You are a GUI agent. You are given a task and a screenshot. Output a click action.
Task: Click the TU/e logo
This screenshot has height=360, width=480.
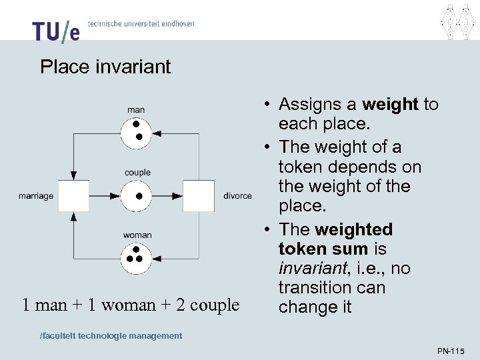click(56, 31)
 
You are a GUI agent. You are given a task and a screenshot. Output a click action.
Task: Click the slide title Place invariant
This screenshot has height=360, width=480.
click(105, 67)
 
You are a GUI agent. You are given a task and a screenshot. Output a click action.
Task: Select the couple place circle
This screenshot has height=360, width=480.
click(137, 196)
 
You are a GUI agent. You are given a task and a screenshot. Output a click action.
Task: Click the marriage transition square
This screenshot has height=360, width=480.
click(73, 196)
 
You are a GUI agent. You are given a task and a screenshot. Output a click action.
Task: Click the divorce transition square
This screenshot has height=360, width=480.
click(199, 196)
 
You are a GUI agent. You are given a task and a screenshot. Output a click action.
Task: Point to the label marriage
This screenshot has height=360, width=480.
click(36, 196)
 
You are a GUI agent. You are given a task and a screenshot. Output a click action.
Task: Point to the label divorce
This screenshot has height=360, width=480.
click(238, 196)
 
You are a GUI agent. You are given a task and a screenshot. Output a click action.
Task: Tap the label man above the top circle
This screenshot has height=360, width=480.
click(136, 109)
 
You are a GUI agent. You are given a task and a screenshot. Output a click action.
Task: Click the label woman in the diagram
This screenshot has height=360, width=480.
click(137, 235)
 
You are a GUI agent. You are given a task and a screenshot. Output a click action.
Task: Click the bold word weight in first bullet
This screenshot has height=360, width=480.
click(391, 104)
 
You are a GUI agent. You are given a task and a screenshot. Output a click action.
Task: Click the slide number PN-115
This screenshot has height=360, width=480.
click(451, 351)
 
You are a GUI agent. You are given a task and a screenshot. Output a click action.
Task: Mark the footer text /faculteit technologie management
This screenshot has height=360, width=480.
click(111, 335)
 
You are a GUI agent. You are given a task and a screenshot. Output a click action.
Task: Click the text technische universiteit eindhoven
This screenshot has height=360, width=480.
click(141, 23)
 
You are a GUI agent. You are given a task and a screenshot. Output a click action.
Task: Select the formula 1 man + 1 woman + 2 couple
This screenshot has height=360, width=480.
click(131, 305)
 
